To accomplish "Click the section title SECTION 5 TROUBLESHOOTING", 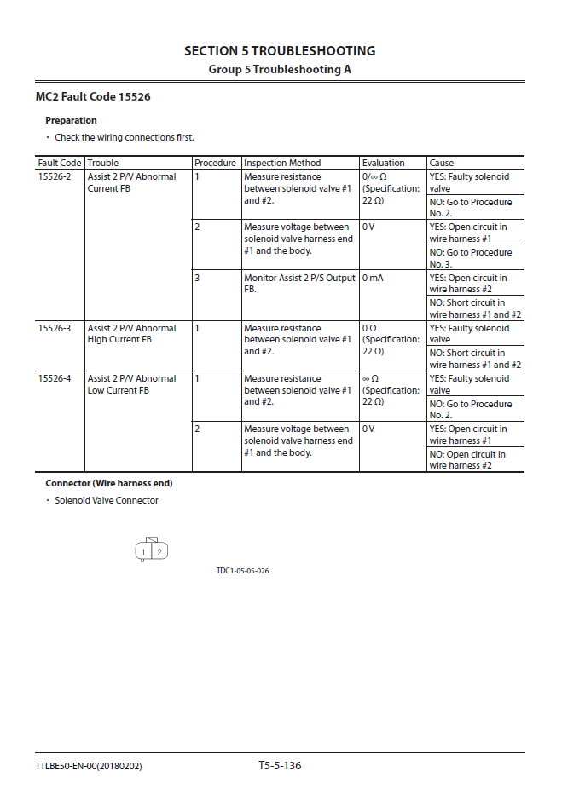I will (280, 51).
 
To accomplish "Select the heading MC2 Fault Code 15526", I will (93, 97).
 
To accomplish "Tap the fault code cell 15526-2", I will (55, 177).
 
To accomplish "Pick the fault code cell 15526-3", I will (55, 328).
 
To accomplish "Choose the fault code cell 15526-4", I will (55, 378).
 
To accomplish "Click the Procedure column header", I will (215, 163).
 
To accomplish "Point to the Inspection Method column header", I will (282, 163).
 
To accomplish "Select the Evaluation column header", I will (383, 163).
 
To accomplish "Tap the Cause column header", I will (442, 163).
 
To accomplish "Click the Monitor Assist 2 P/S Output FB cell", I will (298, 284).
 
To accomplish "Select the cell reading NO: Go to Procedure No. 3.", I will (471, 258).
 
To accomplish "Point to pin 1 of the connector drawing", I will (144, 552).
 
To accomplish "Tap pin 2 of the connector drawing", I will (159, 552).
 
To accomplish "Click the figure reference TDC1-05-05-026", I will (242, 571).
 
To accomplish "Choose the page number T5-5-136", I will (280, 765).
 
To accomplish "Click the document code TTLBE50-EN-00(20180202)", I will (89, 767).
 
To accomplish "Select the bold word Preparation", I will (71, 121).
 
